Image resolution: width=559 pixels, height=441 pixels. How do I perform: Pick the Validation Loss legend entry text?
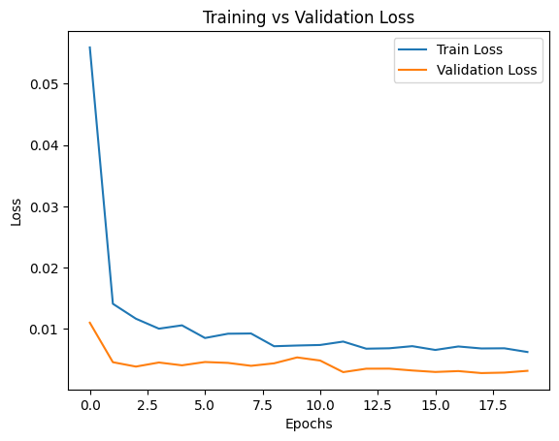click(x=485, y=70)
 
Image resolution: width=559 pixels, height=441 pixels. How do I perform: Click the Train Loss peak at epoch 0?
click(x=90, y=47)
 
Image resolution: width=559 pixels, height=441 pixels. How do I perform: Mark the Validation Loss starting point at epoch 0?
click(x=90, y=323)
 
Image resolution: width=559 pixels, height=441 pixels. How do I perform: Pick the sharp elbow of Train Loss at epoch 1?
click(x=114, y=304)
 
